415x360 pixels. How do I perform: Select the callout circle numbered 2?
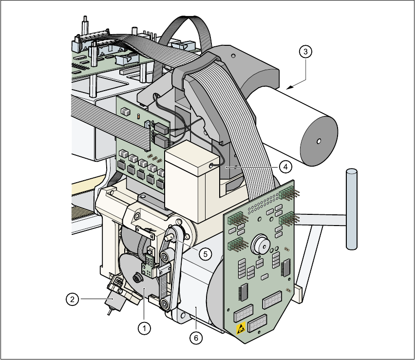pyautogui.click(x=72, y=299)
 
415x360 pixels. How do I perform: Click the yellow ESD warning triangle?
pyautogui.click(x=241, y=329)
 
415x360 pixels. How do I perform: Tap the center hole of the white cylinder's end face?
pyautogui.click(x=318, y=142)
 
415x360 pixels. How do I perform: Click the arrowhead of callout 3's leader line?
pyautogui.click(x=288, y=88)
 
